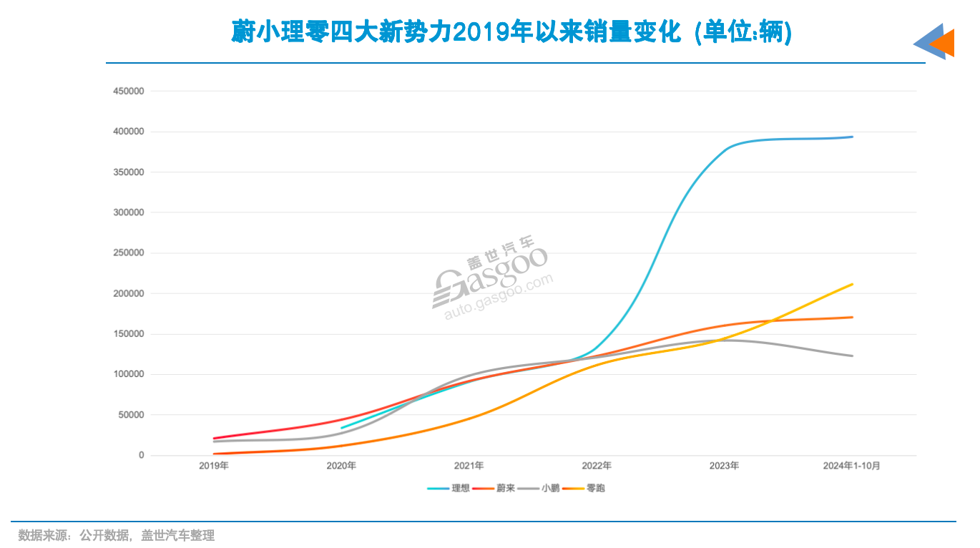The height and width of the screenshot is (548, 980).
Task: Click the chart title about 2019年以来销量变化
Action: (x=511, y=32)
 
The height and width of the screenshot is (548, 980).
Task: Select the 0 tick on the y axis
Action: (x=142, y=455)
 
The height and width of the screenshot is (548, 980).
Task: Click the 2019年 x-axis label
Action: (x=214, y=466)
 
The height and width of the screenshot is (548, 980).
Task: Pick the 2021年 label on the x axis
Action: (x=469, y=466)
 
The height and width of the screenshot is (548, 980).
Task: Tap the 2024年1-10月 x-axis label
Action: (x=851, y=466)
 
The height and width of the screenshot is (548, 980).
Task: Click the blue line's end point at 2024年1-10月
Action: (x=852, y=137)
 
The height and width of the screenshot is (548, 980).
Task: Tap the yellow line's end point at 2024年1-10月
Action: (x=852, y=284)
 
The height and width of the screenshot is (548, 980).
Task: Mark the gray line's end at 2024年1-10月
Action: (x=852, y=356)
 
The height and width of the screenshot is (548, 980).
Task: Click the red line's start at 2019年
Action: (x=214, y=438)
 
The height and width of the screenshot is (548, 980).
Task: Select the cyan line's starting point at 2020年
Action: (x=342, y=428)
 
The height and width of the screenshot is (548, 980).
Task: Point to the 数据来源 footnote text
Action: (x=116, y=535)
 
